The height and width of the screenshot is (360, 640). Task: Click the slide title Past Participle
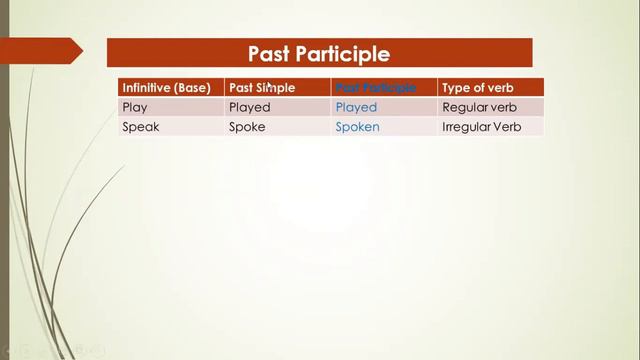coord(319,53)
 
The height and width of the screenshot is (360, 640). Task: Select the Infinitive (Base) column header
coord(166,88)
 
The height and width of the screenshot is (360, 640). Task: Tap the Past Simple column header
coord(262,88)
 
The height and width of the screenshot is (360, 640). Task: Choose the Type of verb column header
coord(478,88)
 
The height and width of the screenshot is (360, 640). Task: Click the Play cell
coord(134,107)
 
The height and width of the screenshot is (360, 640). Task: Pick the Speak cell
coord(140,127)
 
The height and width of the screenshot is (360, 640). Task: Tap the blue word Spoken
coord(358,127)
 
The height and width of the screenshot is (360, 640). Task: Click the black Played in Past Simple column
coord(250,107)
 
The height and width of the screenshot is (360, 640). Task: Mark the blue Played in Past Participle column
coord(357,107)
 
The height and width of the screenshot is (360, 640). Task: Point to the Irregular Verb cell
coord(482,127)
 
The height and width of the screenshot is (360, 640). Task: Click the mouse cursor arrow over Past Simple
coord(269,86)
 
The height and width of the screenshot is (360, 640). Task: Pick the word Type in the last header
coord(455,88)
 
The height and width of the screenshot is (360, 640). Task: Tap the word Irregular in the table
coord(466,127)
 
